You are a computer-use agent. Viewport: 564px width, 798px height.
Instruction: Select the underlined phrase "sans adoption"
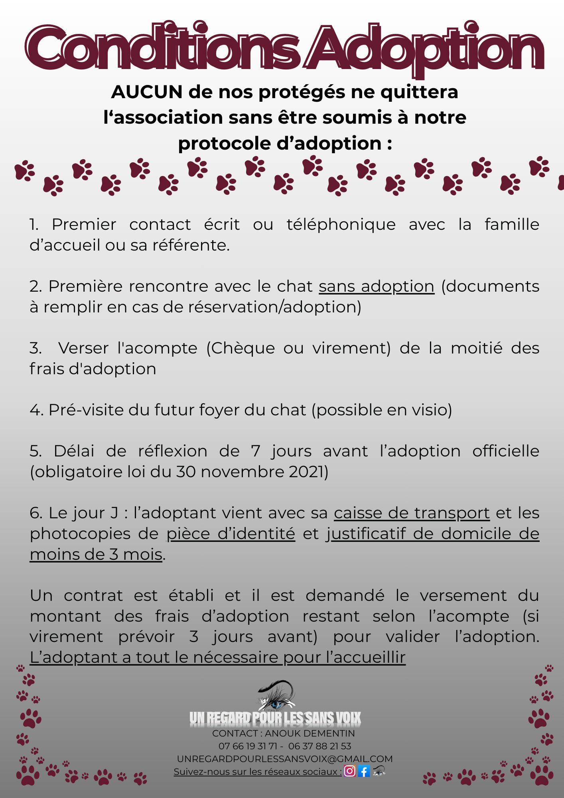376,286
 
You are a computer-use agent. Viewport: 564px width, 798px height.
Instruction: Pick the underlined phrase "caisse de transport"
412,513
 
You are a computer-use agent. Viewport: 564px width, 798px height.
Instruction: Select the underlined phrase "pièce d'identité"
231,534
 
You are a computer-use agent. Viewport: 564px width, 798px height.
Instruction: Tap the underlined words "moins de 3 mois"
96,555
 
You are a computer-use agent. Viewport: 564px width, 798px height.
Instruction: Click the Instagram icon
350,771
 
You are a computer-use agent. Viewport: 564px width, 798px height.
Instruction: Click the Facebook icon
364,771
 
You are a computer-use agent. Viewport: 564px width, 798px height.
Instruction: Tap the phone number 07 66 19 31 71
247,746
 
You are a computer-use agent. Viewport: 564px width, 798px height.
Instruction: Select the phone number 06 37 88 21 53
319,746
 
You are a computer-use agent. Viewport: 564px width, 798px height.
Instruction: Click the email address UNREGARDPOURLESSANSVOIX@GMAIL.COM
285,759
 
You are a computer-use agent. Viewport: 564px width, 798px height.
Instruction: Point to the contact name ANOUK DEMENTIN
310,733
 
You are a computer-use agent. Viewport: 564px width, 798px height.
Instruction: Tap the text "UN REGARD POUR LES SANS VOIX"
275,718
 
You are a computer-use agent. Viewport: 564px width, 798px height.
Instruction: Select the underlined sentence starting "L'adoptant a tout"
217,658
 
